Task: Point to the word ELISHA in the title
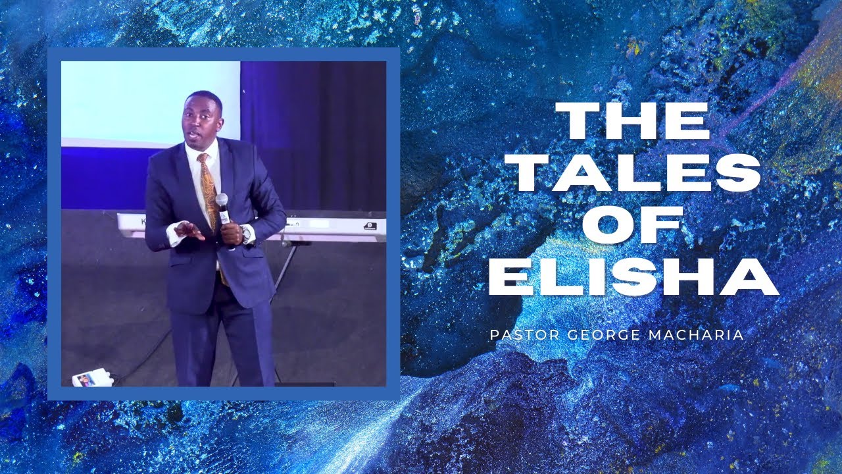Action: click(x=633, y=278)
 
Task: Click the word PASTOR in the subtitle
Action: click(x=523, y=335)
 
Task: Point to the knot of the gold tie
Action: click(x=203, y=159)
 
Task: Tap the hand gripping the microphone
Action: click(x=231, y=232)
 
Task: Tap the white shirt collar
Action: click(x=195, y=150)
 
